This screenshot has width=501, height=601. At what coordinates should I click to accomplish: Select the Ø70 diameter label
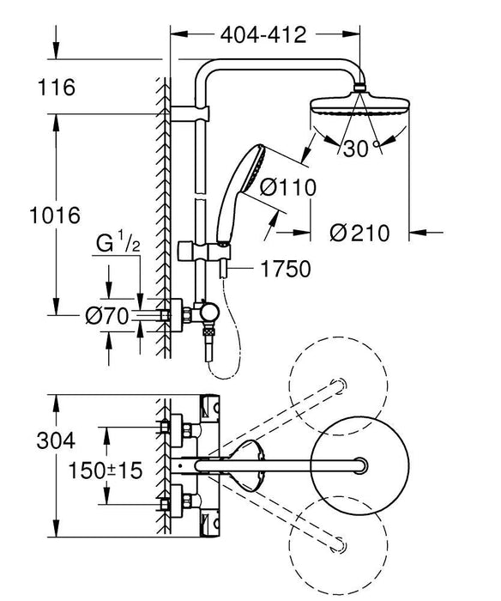pos(107,317)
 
